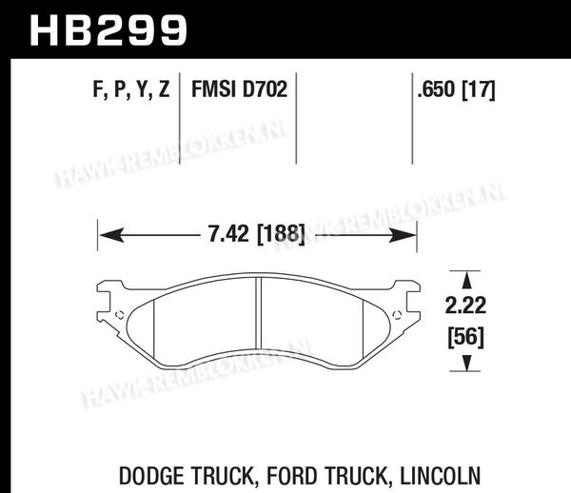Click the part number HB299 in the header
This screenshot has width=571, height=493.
click(108, 30)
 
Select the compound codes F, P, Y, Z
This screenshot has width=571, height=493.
click(131, 89)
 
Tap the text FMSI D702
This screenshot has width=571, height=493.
click(239, 89)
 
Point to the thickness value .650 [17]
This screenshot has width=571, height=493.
click(456, 89)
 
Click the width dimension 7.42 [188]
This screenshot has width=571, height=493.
click(256, 234)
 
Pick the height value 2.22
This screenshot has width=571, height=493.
click(465, 306)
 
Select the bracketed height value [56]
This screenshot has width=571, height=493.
click(466, 337)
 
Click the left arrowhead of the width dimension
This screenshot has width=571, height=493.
click(111, 235)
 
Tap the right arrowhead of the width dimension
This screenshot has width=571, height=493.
click(404, 235)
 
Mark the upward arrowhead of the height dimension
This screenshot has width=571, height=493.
click(467, 281)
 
